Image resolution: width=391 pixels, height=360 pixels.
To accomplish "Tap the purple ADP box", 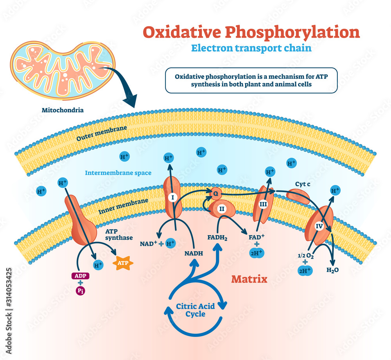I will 80,275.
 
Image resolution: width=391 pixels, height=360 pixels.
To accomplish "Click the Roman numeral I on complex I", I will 172,198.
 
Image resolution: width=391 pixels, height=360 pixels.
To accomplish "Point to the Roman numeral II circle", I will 222,209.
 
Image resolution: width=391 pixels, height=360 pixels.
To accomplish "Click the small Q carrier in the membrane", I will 215,192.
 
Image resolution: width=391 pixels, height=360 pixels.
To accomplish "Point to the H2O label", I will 332,270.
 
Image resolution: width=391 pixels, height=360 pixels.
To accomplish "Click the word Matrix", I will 249,279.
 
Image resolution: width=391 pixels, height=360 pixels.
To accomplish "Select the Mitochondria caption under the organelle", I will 63,110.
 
